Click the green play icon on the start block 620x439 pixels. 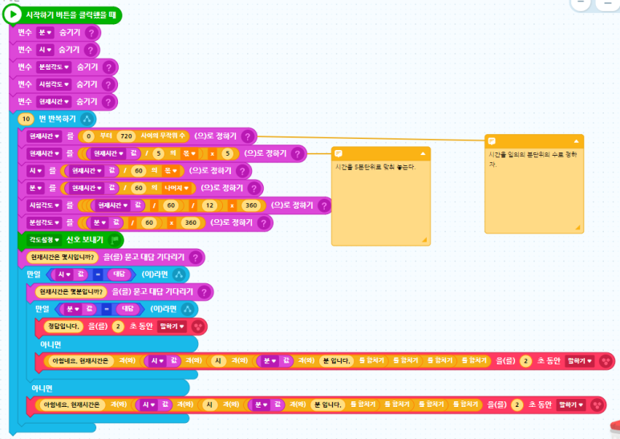tap(14, 15)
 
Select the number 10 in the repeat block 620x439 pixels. tap(25, 118)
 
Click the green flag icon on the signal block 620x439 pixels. tap(115, 239)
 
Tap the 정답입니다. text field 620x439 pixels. tap(63, 326)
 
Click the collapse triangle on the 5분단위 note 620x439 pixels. tap(422, 152)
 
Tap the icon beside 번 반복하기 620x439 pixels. tap(87, 118)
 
